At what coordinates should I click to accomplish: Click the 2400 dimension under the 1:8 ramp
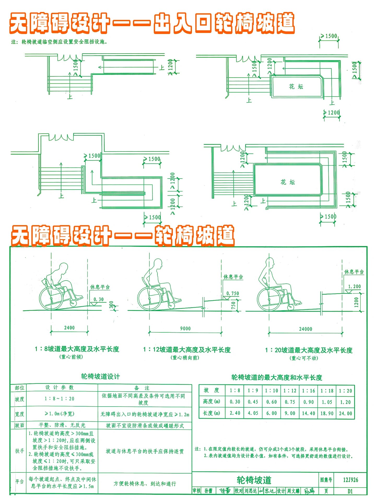pos(69,328)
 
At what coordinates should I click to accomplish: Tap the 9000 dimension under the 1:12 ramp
pos(185,328)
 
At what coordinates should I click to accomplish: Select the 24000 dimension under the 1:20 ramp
pos(305,329)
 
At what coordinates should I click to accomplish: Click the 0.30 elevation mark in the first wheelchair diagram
pos(98,299)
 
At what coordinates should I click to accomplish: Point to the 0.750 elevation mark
pos(232,293)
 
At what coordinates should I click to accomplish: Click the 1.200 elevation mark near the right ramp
pos(354,287)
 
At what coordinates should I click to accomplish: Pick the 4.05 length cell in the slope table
pos(253,413)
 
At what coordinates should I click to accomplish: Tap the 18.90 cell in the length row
pos(327,413)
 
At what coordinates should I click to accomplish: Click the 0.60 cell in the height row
pos(272,402)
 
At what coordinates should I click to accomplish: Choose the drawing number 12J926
pos(350,480)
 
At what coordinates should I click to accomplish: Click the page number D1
pos(350,491)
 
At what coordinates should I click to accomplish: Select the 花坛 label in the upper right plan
pos(296,87)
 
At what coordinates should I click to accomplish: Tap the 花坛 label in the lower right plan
pos(288,182)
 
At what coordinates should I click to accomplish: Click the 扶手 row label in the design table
pos(19,451)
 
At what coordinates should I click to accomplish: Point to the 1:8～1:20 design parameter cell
pos(59,399)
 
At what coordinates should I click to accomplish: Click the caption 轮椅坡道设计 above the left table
pos(100,376)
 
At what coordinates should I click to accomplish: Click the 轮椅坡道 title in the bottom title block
pos(254,480)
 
